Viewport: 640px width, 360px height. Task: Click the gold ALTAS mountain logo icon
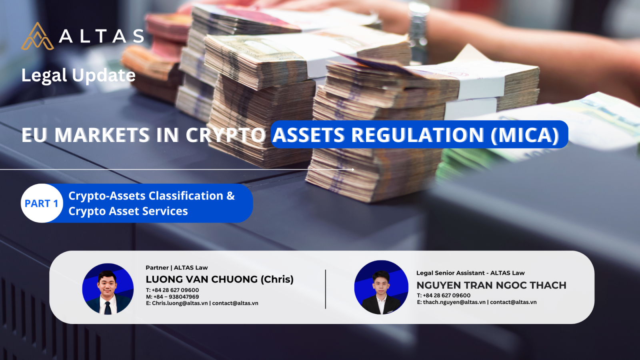pyautogui.click(x=38, y=36)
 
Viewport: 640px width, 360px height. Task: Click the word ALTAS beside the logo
pyautogui.click(x=102, y=36)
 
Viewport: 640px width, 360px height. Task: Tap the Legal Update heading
pyautogui.click(x=78, y=76)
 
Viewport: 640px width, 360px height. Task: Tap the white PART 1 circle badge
pyautogui.click(x=42, y=203)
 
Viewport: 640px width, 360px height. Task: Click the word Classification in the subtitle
pyautogui.click(x=186, y=196)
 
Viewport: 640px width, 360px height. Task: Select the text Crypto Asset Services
pyautogui.click(x=128, y=211)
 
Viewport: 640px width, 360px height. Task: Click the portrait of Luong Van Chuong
pyautogui.click(x=108, y=289)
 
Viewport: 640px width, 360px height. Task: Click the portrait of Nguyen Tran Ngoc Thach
pyautogui.click(x=381, y=287)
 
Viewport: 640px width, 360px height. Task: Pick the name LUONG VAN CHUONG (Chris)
pyautogui.click(x=220, y=279)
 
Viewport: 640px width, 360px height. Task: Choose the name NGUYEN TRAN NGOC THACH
pyautogui.click(x=491, y=285)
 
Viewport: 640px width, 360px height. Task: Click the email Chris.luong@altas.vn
pyautogui.click(x=180, y=303)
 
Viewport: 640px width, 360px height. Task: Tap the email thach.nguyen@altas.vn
pyautogui.click(x=454, y=302)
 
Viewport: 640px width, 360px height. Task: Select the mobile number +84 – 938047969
pyautogui.click(x=176, y=296)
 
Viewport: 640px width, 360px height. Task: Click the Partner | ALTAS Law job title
pyautogui.click(x=176, y=268)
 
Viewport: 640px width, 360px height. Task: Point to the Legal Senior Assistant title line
pyautogui.click(x=470, y=273)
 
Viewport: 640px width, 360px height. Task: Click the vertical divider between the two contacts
pyautogui.click(x=326, y=289)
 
